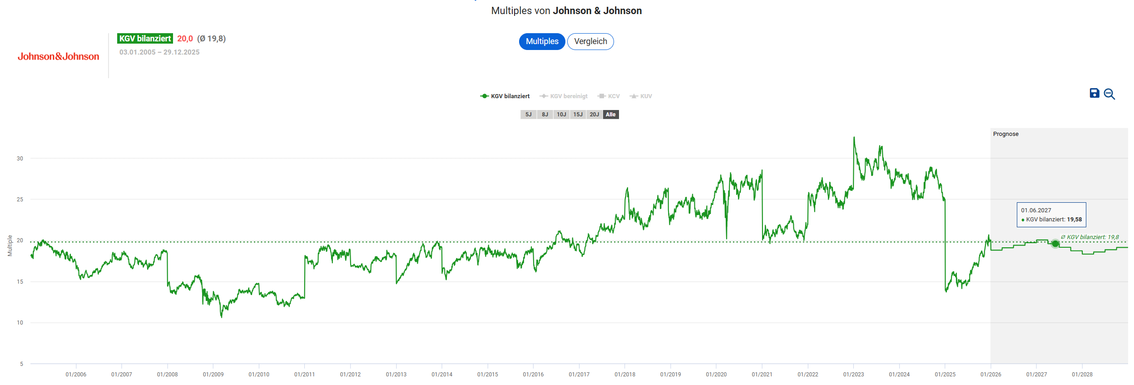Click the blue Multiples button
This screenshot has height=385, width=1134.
pyautogui.click(x=542, y=41)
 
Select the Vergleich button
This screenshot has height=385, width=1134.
pyautogui.click(x=590, y=41)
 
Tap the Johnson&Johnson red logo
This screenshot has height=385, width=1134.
pyautogui.click(x=58, y=56)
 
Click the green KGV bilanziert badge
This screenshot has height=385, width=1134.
pyautogui.click(x=145, y=39)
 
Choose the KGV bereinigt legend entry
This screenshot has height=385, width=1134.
pyautogui.click(x=564, y=96)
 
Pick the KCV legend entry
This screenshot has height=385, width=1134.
pyautogui.click(x=609, y=96)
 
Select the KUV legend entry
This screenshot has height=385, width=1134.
pyautogui.click(x=641, y=96)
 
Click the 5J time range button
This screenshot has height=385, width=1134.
pyautogui.click(x=528, y=115)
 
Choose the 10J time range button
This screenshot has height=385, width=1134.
pyautogui.click(x=561, y=115)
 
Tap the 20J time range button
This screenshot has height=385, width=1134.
pyautogui.click(x=594, y=115)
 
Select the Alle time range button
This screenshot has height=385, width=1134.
pyautogui.click(x=611, y=115)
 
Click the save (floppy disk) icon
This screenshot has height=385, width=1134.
pyautogui.click(x=1094, y=93)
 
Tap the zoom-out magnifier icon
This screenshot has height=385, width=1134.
pyautogui.click(x=1109, y=94)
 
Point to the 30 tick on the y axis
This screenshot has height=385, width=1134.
pyautogui.click(x=20, y=159)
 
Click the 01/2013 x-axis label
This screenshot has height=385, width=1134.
pyautogui.click(x=396, y=375)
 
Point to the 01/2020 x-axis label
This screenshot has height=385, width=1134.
pyautogui.click(x=716, y=375)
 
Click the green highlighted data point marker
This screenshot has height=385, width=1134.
pyautogui.click(x=1055, y=244)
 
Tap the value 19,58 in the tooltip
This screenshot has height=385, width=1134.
pyautogui.click(x=1074, y=220)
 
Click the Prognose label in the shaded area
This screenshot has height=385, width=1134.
pyautogui.click(x=1005, y=134)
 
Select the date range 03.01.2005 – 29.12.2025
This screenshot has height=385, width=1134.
pyautogui.click(x=159, y=52)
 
